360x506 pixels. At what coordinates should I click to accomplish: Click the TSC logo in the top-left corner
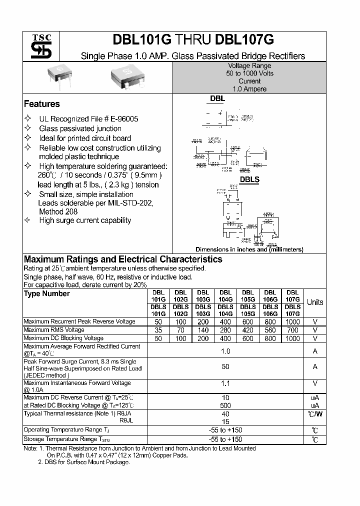38,46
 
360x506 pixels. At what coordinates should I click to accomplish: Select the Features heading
42,104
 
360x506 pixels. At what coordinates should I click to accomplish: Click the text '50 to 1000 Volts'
249,73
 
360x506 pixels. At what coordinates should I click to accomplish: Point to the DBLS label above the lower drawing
249,179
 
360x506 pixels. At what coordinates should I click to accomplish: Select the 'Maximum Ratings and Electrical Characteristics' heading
123,259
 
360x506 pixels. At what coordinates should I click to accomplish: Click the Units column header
314,302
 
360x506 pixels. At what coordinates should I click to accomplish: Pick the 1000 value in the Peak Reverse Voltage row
292,321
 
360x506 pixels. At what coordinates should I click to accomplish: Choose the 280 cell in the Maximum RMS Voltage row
225,330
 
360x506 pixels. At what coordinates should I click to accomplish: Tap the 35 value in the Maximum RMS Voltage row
158,330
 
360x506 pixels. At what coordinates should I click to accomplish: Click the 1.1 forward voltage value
225,383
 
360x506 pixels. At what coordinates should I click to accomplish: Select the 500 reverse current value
225,405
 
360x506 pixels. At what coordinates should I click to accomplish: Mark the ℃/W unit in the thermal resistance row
314,413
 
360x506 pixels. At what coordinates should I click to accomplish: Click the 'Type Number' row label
47,293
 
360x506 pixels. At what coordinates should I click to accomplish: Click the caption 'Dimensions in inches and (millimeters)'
249,249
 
